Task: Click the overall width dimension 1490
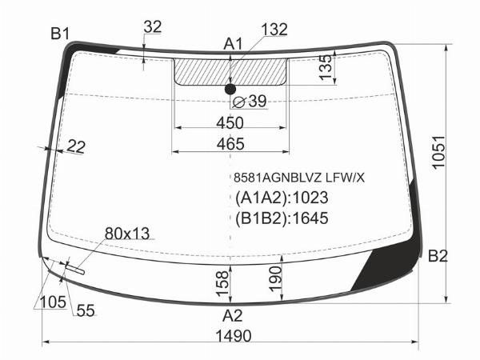tap(234, 336)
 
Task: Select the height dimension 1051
tap(438, 152)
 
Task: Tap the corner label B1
tap(60, 34)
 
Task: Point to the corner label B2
tap(438, 256)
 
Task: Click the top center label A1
tap(233, 44)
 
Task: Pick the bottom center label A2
tap(233, 316)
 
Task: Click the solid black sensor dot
tap(230, 89)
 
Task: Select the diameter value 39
tap(258, 101)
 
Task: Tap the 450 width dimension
tap(230, 123)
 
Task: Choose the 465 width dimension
tap(230, 144)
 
